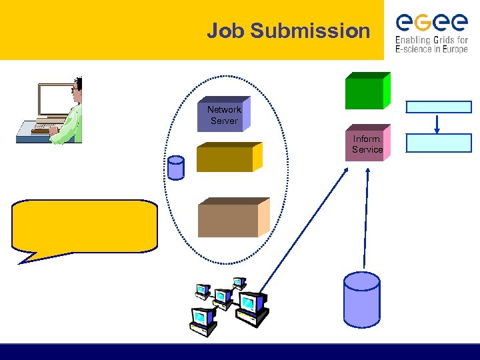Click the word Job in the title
222,31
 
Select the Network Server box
223,115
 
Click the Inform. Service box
367,143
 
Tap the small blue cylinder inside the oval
175,168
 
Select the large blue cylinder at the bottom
361,298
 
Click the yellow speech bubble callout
85,225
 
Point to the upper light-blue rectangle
439,107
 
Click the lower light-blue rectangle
439,143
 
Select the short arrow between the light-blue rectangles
437,123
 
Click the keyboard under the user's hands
41,127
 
